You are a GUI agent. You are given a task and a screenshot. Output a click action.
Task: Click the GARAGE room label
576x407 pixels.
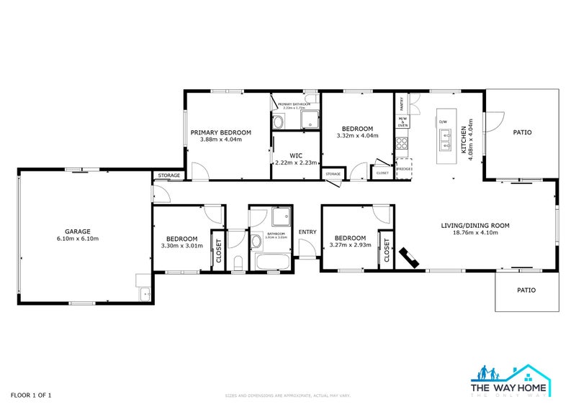coord(78,232)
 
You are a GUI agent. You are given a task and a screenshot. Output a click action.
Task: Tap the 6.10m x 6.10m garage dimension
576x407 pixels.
coord(78,239)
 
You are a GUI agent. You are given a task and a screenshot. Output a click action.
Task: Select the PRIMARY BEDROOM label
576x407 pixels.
coord(220,132)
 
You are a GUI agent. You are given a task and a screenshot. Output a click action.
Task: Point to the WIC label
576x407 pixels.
coord(295,155)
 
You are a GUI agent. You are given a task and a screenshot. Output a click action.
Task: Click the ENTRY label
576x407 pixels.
coord(307,232)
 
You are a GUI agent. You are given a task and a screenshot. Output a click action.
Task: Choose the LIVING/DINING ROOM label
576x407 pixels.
coord(475,225)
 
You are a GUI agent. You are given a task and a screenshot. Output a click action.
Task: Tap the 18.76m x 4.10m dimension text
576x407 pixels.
coord(475,233)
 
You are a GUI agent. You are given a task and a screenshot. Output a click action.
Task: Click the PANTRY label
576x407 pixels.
coord(401,104)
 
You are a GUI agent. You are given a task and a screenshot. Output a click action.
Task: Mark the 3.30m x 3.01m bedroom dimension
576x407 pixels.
coord(182,246)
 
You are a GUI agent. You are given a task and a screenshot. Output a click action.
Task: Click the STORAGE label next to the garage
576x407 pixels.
coord(169,175)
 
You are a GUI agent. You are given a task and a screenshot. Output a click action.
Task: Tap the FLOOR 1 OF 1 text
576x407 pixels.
coord(31,395)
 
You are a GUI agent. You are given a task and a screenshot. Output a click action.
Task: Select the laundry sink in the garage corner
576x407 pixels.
coord(144,293)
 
